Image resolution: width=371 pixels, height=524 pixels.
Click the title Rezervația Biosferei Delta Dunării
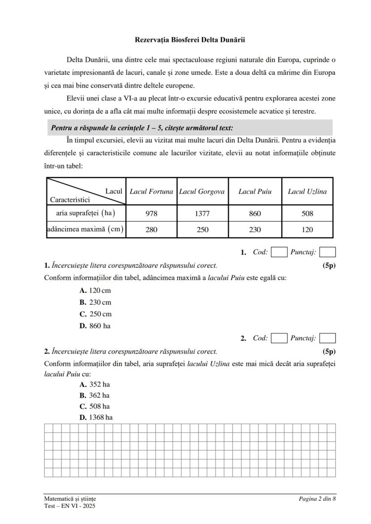[190, 40]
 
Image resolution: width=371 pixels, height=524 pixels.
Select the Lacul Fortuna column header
[151, 192]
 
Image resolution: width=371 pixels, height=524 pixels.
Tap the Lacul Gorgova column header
[202, 192]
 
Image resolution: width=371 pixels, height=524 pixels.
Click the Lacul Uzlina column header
[307, 192]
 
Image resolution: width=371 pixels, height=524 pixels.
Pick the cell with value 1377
[202, 213]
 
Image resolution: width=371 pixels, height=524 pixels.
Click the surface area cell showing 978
[151, 213]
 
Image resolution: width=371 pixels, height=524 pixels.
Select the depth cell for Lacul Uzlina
[307, 230]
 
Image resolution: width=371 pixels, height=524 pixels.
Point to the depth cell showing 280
[151, 230]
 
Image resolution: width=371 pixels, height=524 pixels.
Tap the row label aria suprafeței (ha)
[86, 213]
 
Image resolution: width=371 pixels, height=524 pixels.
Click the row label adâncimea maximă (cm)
[86, 230]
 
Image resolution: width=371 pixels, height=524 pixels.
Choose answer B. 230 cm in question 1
[95, 302]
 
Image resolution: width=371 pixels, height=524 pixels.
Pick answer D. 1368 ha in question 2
[96, 417]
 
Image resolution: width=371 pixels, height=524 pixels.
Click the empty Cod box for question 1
[279, 252]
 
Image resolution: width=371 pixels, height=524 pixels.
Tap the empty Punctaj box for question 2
[328, 338]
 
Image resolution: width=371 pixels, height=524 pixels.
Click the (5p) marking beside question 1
[329, 265]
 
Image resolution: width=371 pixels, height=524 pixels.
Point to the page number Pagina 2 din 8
[317, 498]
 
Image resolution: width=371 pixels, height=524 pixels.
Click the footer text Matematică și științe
[70, 498]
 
